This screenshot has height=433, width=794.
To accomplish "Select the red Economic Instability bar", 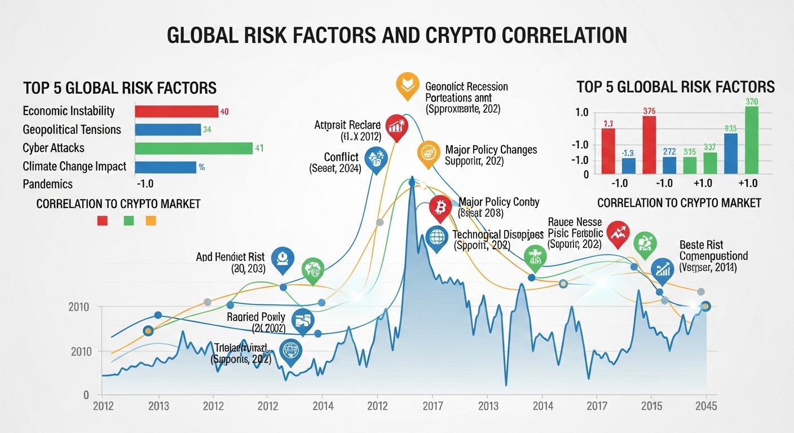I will (176, 111).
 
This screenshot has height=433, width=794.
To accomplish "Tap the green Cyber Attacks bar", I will (193, 148).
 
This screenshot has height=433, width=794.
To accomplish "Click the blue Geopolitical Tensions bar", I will (167, 130).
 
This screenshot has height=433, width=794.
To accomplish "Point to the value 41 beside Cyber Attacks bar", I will (259, 149).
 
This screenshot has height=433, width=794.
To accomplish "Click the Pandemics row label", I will (48, 184).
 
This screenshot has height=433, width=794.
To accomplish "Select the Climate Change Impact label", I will (74, 166).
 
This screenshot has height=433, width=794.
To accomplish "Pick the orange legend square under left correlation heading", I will (151, 221).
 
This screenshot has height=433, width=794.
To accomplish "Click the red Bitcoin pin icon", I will (440, 207).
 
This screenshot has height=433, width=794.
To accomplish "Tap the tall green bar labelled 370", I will (751, 139).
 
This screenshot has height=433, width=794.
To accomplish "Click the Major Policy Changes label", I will (491, 151).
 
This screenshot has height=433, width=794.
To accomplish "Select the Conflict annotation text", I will (342, 157).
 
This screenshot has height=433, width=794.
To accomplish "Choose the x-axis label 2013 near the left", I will (158, 407).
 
